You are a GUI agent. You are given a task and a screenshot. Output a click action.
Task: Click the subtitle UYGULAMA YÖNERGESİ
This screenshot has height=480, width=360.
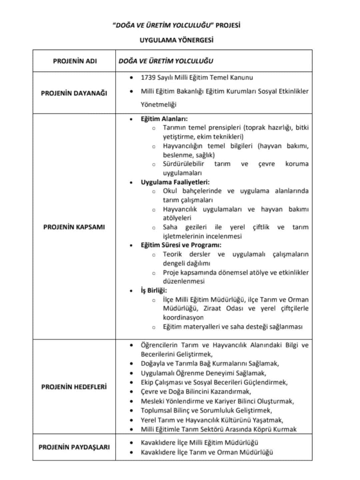pyautogui.click(x=177, y=40)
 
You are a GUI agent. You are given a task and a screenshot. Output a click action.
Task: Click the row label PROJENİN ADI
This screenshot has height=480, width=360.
pyautogui.click(x=75, y=61)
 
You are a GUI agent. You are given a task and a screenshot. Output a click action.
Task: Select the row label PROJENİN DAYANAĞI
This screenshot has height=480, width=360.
pyautogui.click(x=74, y=93)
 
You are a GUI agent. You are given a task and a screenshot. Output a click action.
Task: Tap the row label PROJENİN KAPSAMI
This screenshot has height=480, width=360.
pyautogui.click(x=74, y=227)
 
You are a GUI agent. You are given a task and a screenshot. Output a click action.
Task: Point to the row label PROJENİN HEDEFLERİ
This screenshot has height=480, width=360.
pyautogui.click(x=74, y=387)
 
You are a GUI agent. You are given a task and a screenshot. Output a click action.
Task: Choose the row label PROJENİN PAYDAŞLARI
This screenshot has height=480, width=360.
pyautogui.click(x=74, y=447)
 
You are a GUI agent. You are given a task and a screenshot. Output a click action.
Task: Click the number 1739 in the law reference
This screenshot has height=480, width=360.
pyautogui.click(x=148, y=78)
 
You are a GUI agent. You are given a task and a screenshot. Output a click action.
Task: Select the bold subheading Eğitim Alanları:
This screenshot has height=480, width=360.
pyautogui.click(x=164, y=119)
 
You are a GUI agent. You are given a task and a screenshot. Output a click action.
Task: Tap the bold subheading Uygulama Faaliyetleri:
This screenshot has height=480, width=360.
pyautogui.click(x=175, y=182)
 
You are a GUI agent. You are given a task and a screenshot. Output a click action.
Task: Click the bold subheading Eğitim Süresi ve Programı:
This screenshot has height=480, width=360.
pyautogui.click(x=181, y=245)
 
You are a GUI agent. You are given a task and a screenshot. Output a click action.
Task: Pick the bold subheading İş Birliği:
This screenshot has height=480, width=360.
pyautogui.click(x=154, y=290)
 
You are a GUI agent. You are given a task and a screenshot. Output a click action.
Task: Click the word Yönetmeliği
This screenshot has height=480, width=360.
pyautogui.click(x=158, y=105)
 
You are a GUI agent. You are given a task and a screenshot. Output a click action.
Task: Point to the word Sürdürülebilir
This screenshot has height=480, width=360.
pyautogui.click(x=183, y=164)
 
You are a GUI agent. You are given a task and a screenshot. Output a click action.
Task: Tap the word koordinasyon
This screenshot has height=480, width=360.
pyautogui.click(x=183, y=317)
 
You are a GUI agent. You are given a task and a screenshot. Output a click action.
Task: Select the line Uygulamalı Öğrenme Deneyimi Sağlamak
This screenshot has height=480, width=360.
pyautogui.click(x=203, y=373)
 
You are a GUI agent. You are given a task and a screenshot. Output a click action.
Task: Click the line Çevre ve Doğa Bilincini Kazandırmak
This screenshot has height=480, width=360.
pyautogui.click(x=196, y=391)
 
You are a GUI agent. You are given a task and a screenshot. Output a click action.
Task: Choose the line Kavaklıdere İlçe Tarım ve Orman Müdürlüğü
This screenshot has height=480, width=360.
pyautogui.click(x=207, y=452)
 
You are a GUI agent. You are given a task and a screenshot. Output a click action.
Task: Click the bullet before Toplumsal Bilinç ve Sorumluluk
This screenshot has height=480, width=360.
pyautogui.click(x=132, y=411)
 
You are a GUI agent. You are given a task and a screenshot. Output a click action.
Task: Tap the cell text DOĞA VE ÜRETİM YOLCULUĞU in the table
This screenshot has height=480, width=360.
pyautogui.click(x=166, y=61)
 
